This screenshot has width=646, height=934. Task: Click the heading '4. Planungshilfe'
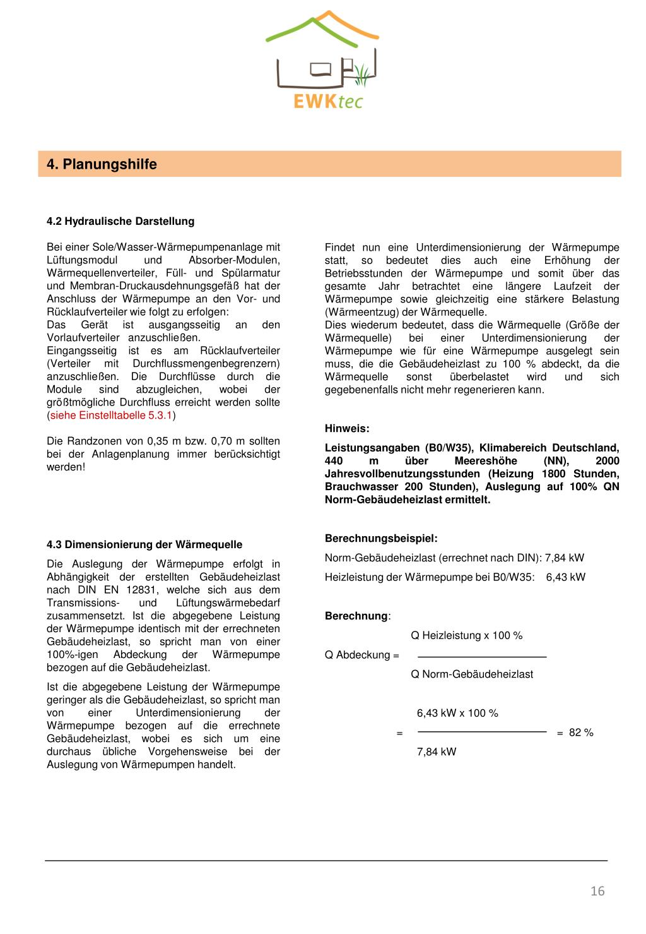tap(102, 164)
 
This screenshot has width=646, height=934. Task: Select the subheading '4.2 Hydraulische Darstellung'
tap(120, 221)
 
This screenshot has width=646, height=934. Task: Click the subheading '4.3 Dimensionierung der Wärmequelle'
tap(144, 544)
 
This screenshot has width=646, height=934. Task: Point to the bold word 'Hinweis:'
tap(347, 428)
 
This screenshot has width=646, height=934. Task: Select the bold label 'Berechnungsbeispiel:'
tap(381, 539)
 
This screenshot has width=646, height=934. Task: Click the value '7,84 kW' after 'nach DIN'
tap(565, 558)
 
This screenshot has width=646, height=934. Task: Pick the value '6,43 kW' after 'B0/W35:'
tap(566, 577)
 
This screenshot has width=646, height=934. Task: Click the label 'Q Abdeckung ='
tap(362, 655)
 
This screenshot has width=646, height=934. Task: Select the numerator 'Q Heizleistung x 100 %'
tap(467, 635)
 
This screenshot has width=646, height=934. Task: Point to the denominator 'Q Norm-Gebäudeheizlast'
tap(472, 674)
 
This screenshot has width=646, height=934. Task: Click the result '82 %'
tap(581, 733)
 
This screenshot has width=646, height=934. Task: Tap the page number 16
tap(597, 891)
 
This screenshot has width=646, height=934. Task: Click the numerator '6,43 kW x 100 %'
tap(457, 713)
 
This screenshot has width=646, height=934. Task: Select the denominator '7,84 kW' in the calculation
tap(437, 751)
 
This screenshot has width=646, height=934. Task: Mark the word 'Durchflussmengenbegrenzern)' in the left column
tap(206, 363)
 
